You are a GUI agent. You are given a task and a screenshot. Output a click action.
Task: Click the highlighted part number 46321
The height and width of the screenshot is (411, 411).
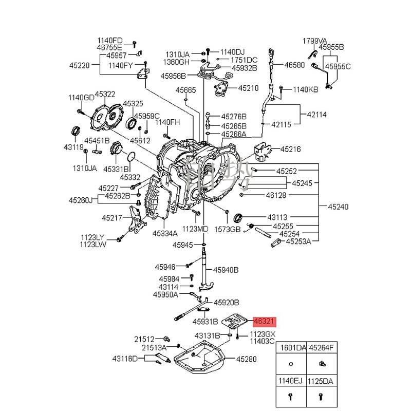[265, 322]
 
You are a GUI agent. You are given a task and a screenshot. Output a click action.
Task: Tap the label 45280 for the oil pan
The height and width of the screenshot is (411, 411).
[246, 359]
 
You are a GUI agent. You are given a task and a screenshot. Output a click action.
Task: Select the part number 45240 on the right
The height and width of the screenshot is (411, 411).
[338, 207]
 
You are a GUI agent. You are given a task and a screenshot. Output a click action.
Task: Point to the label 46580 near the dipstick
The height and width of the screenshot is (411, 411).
[294, 65]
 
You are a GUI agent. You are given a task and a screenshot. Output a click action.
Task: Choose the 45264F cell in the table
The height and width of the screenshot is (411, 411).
[321, 348]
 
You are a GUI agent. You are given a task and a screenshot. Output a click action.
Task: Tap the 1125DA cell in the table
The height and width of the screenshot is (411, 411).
[321, 382]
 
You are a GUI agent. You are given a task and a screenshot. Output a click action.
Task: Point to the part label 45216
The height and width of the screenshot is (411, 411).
[290, 150]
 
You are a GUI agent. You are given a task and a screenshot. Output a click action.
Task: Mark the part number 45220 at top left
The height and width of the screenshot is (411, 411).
[80, 65]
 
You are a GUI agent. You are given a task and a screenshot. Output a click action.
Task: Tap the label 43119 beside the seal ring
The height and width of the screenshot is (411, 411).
[73, 147]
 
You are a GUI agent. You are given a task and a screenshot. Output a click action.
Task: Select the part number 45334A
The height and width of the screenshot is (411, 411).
[165, 233]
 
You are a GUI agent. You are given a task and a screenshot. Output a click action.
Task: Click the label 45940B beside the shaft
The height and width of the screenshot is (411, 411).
[227, 269]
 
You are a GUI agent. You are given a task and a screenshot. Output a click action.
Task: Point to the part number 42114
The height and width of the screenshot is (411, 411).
[317, 115]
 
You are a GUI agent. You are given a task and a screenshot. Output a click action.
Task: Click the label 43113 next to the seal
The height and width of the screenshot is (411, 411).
[277, 217]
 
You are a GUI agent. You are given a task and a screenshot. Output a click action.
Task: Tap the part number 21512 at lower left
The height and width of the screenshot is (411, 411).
[144, 339]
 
